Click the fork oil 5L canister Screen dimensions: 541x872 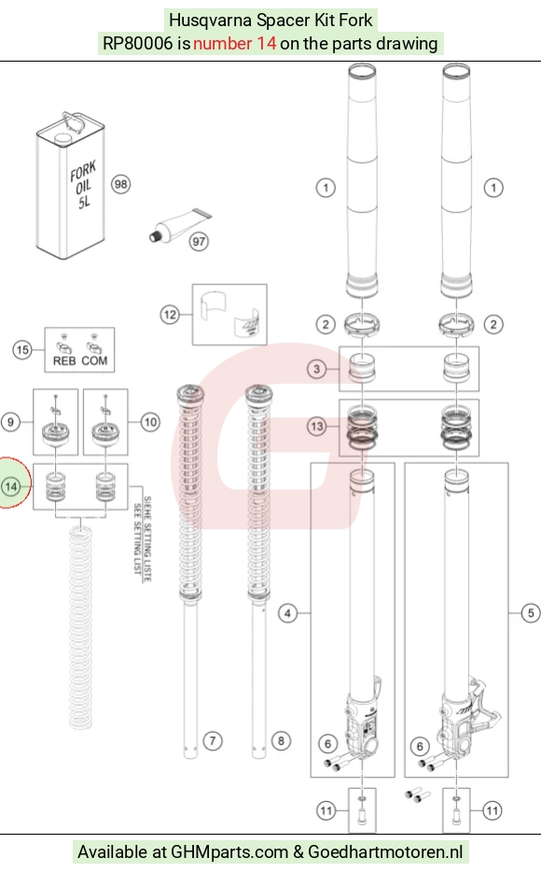(71, 185)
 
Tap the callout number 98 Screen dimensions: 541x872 (120, 184)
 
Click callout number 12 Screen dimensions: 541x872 (170, 315)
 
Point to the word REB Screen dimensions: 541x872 (64, 361)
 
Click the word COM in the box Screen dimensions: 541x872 (94, 361)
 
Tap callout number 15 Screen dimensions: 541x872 (22, 350)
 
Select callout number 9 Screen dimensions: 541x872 (10, 422)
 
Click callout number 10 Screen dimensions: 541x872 (150, 422)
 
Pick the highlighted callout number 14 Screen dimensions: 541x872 (11, 486)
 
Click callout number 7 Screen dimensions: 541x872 (212, 740)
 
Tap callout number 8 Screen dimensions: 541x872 (281, 740)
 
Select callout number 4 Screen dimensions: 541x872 (287, 613)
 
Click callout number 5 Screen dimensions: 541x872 (531, 612)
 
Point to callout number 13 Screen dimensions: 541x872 (316, 427)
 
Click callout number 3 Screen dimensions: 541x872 (316, 369)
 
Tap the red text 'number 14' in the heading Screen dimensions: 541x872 (234, 43)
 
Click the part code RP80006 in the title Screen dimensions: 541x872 (138, 43)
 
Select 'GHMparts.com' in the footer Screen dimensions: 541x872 (229, 852)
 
